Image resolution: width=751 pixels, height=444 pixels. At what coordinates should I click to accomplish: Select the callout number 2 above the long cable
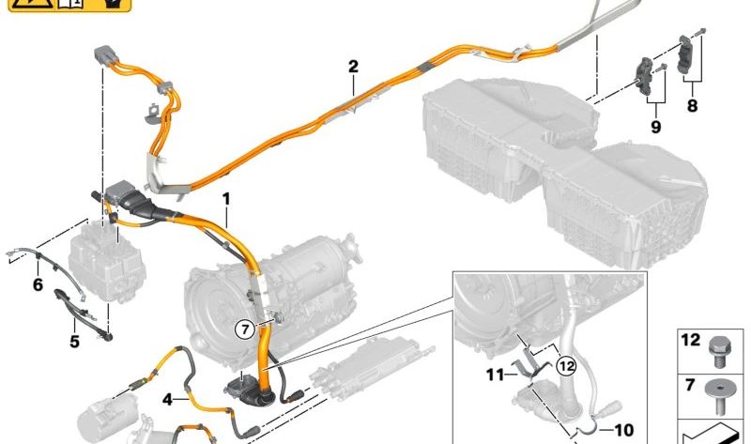[x=353, y=67]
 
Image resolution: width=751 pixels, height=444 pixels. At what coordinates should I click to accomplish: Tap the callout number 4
[x=167, y=400]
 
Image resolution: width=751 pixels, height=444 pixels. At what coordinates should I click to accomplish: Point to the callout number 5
[x=74, y=341]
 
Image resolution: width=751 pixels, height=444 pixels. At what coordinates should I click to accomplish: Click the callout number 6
[x=38, y=283]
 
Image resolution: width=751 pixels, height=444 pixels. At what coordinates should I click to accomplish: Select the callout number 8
[x=692, y=106]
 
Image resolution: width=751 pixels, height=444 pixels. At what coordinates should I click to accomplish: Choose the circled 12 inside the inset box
[x=563, y=367]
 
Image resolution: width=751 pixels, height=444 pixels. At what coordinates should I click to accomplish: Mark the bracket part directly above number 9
[x=649, y=71]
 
